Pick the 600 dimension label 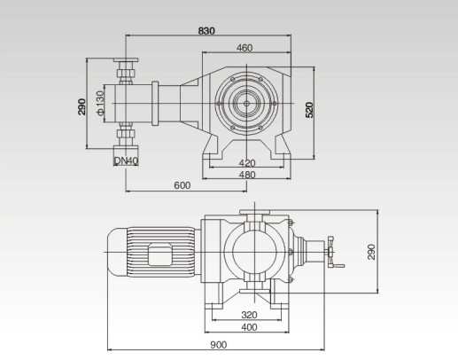[182, 185]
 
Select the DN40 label [126, 160]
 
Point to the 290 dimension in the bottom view [372, 252]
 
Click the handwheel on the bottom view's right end [332, 252]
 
